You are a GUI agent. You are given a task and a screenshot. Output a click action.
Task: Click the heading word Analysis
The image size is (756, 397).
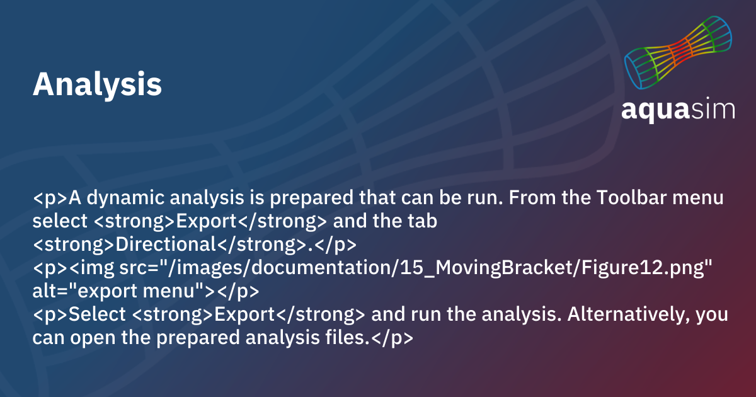(x=97, y=84)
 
